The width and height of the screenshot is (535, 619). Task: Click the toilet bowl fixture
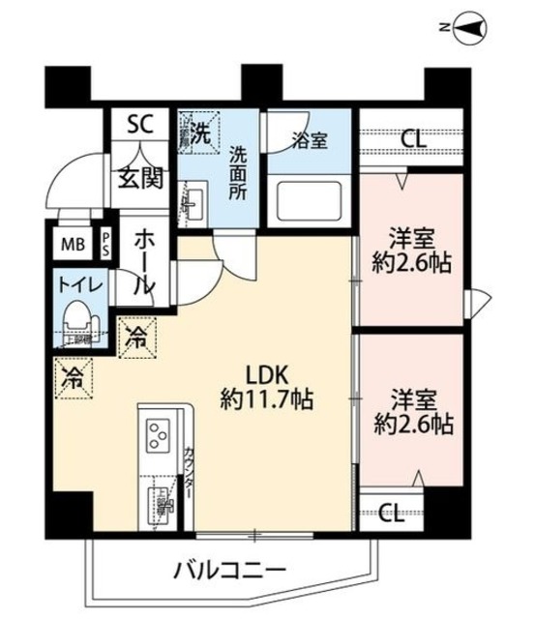coord(76,320)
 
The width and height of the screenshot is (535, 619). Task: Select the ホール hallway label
coord(142,261)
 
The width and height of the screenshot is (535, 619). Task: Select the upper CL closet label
coord(413,138)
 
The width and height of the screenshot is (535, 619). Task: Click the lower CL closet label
coord(391,511)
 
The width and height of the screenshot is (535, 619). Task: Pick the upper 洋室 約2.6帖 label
coord(411,249)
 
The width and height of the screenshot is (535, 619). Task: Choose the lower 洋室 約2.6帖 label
coord(411,411)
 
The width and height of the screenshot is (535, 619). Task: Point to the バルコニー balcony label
coord(229,568)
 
